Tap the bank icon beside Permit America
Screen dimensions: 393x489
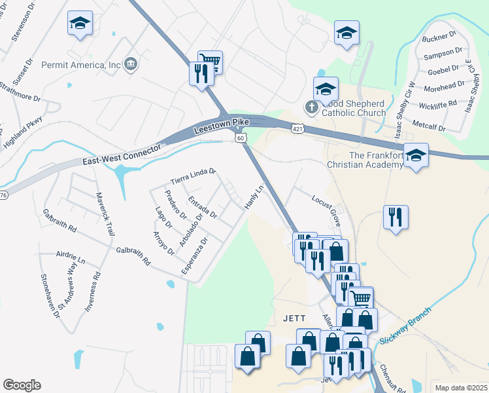[131, 64]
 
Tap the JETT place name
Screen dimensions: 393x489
[294, 318]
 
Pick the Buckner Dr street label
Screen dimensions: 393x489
[439, 37]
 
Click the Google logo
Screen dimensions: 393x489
[22, 385]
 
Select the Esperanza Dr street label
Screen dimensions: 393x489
[197, 259]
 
